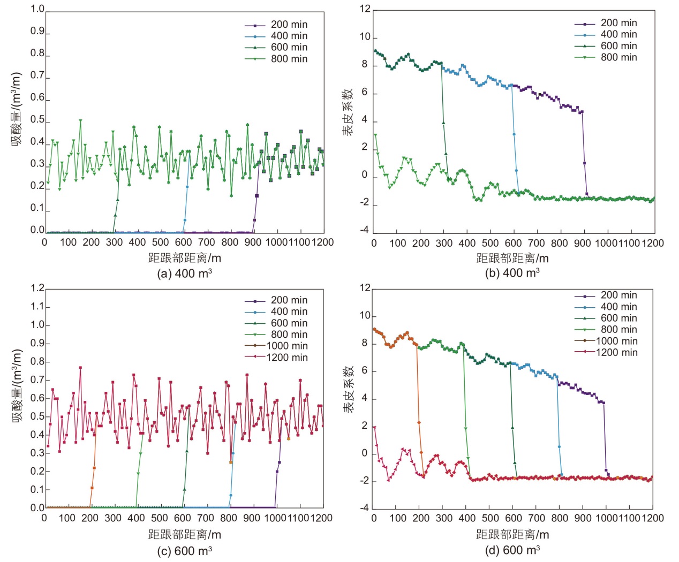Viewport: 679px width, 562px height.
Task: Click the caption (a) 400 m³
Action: click(x=185, y=274)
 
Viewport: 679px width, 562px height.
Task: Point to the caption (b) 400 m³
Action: click(x=512, y=273)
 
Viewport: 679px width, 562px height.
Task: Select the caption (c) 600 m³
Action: click(x=185, y=551)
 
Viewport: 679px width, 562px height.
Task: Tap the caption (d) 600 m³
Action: click(x=512, y=550)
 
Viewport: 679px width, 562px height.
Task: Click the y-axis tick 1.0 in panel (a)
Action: click(x=37, y=9)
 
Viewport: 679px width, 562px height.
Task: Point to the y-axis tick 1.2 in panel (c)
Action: click(x=37, y=288)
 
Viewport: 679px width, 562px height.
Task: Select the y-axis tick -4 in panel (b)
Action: click(x=365, y=230)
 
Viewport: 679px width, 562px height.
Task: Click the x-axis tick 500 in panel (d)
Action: click(x=490, y=518)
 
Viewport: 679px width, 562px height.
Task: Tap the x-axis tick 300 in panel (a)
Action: click(x=114, y=242)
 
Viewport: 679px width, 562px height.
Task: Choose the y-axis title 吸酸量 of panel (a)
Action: click(x=17, y=110)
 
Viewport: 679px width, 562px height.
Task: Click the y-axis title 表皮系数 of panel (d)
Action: click(x=349, y=389)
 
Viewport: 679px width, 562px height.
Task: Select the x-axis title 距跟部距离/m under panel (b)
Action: click(x=512, y=259)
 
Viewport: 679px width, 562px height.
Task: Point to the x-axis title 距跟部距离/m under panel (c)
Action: click(x=185, y=534)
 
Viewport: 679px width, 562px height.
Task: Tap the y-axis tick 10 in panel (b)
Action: click(x=365, y=37)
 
